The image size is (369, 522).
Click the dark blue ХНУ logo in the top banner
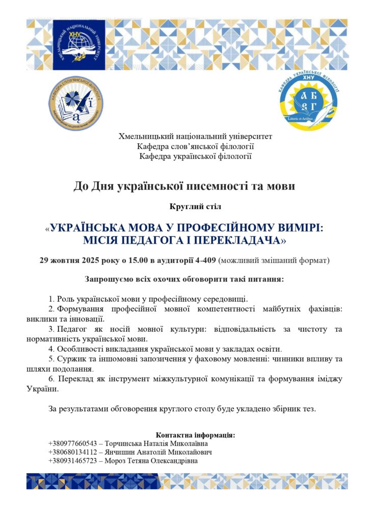point(80,45)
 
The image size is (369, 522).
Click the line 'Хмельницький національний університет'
point(195,137)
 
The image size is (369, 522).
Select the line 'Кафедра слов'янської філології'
point(195,146)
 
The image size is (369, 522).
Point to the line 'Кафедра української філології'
point(195,156)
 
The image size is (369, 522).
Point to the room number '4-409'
point(206,260)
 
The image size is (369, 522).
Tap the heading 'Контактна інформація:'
point(195,435)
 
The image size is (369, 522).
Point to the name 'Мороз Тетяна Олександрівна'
point(151,461)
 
